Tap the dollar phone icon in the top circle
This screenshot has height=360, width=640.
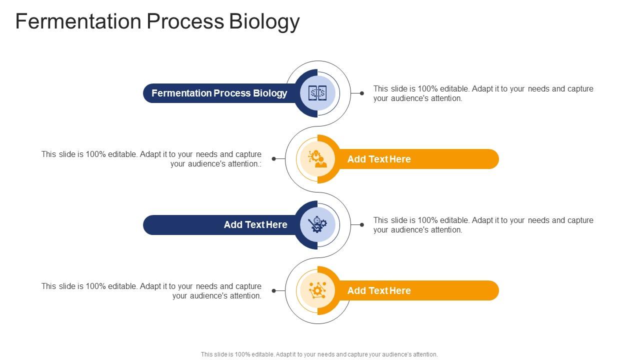[x=317, y=93]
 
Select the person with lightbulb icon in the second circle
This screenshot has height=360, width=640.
[x=317, y=159]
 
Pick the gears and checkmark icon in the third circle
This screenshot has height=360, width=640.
[x=317, y=225]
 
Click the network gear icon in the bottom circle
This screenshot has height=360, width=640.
[x=317, y=290]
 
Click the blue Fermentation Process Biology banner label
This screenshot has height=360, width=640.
[x=219, y=93]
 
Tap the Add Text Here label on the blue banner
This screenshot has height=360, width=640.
[x=255, y=225]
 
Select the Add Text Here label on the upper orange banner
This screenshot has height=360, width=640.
[x=378, y=159]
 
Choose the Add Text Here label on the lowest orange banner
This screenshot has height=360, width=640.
[x=378, y=290]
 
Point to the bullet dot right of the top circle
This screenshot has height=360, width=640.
[x=361, y=93]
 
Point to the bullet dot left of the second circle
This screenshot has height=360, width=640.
[x=273, y=159]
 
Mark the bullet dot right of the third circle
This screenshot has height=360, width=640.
[x=361, y=225]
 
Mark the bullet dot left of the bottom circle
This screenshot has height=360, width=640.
[x=273, y=290]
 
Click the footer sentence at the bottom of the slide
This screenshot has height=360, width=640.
[x=319, y=354]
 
